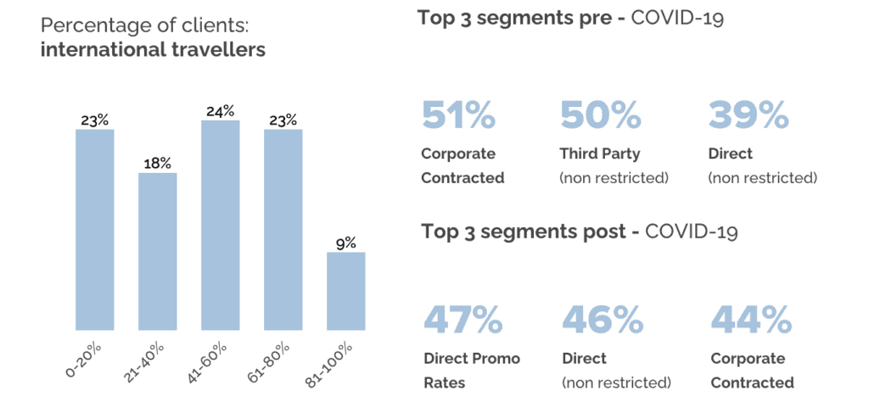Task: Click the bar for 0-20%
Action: click(x=95, y=230)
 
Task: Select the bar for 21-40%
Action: click(x=158, y=251)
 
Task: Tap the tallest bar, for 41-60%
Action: click(x=221, y=226)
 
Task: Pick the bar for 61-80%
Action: click(x=283, y=230)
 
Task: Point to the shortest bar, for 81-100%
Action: click(x=346, y=291)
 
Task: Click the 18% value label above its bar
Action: click(x=158, y=165)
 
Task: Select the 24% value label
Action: click(x=221, y=112)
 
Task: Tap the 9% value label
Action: click(x=346, y=243)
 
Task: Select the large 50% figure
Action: click(x=601, y=114)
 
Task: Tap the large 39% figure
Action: click(x=748, y=114)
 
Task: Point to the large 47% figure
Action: click(x=463, y=319)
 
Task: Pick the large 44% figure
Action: click(x=751, y=319)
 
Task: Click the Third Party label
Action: click(x=600, y=154)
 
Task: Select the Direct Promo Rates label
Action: click(x=472, y=371)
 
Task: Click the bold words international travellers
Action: click(x=153, y=50)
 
